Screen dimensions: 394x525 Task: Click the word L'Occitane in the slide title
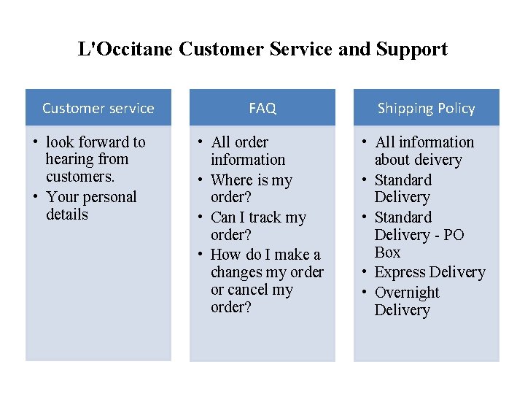click(x=125, y=50)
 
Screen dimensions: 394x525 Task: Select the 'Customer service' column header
click(x=98, y=108)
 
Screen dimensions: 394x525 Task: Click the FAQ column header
click(x=262, y=108)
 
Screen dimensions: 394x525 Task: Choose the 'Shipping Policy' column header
click(x=426, y=108)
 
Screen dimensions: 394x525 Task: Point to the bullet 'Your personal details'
click(x=90, y=206)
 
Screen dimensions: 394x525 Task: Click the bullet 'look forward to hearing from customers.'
click(x=95, y=159)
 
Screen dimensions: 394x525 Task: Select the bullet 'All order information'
click(x=247, y=151)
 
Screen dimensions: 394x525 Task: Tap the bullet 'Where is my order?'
click(x=251, y=188)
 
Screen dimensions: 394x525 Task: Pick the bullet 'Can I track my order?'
click(x=257, y=226)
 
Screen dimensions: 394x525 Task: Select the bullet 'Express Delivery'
click(x=429, y=272)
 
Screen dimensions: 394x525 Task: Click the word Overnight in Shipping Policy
click(x=407, y=293)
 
